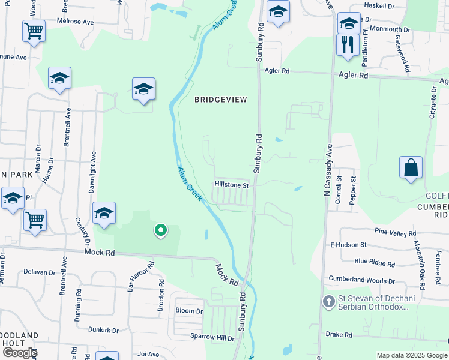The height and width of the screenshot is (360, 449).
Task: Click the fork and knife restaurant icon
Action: pos(348,45)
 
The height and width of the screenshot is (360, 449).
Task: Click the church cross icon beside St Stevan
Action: pos(328,301)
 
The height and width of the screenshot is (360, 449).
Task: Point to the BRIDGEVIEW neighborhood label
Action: pos(220,100)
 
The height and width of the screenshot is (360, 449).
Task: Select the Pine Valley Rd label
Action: pos(395,233)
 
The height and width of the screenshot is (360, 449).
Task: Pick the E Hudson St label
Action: pos(348,245)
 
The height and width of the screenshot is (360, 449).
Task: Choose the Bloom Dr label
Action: pos(189,311)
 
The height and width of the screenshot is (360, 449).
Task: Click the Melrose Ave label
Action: pos(76,22)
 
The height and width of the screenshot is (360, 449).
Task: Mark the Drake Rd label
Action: pos(338,334)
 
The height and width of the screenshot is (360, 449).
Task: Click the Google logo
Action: pos(20,353)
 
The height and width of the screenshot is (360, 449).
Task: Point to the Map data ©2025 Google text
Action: pos(412,355)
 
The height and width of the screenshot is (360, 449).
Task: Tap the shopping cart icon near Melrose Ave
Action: pos(34,31)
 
